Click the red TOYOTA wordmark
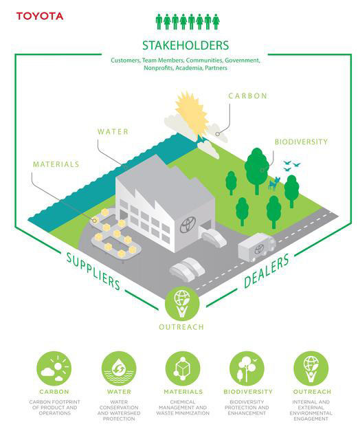(x=40, y=16)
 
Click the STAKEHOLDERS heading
(x=185, y=45)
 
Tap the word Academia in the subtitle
(x=189, y=68)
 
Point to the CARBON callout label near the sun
(x=247, y=96)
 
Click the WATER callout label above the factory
(x=113, y=131)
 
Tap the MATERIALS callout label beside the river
(x=56, y=164)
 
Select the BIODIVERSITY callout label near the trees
(x=301, y=142)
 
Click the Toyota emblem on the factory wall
(x=188, y=224)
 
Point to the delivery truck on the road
(x=257, y=247)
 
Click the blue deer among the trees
(x=274, y=184)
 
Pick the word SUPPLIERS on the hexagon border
(x=93, y=271)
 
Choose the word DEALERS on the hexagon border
(x=267, y=271)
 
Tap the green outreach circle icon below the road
(x=182, y=304)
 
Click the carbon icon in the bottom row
(x=54, y=368)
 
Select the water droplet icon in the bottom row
(x=119, y=368)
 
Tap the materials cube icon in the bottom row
(x=183, y=368)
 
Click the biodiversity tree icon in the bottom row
(x=247, y=368)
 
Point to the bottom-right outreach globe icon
(x=311, y=368)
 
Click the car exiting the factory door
(x=214, y=237)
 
